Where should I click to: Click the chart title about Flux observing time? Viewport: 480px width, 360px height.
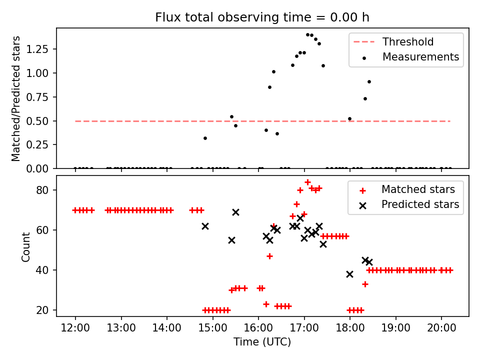262,17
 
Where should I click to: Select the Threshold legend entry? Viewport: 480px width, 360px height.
408,42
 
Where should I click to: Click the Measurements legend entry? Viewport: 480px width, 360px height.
420,57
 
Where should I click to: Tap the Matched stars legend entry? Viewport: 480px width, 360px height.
418,189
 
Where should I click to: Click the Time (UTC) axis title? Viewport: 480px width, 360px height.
262,342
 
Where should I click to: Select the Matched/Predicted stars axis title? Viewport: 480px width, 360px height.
16,98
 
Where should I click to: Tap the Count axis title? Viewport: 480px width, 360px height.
25,246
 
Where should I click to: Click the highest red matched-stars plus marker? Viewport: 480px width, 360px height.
307,182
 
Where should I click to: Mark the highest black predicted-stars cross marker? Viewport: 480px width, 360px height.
235,212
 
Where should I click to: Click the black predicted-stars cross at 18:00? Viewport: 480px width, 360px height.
349,274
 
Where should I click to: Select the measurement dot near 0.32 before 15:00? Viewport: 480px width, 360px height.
205,138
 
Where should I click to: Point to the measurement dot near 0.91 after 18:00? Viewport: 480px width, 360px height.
369,81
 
